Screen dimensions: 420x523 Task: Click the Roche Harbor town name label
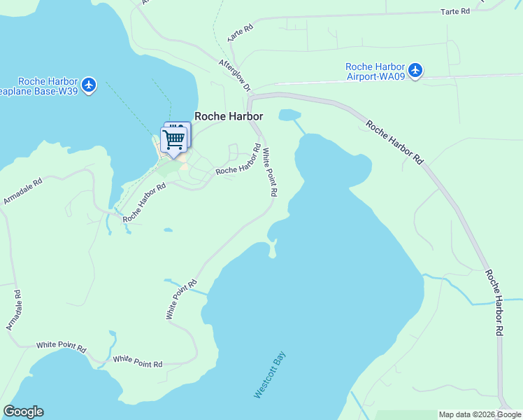click(228, 117)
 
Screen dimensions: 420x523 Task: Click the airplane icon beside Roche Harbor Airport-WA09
click(416, 70)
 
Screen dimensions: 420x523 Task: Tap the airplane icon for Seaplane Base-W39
click(88, 85)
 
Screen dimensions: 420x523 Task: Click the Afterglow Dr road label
click(234, 75)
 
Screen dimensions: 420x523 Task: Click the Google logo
click(23, 411)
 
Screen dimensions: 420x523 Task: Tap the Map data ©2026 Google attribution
click(480, 414)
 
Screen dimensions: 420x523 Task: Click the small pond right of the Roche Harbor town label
click(289, 115)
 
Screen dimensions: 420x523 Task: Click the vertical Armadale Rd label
click(13, 309)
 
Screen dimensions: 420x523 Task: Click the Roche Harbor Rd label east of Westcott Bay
click(495, 302)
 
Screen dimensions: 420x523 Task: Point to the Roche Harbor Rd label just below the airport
click(394, 143)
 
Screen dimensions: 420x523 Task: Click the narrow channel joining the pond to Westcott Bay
click(299, 127)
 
